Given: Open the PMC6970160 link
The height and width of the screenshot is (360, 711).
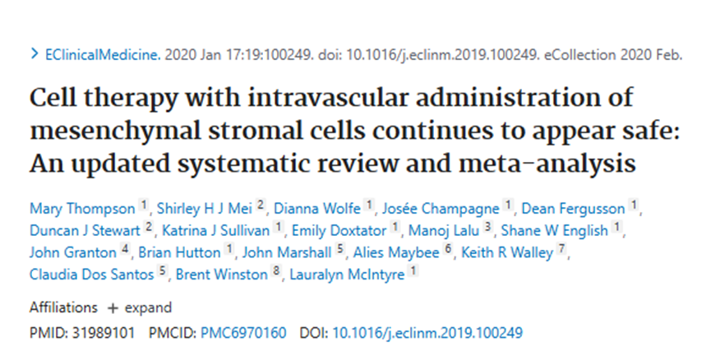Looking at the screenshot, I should point(245,333).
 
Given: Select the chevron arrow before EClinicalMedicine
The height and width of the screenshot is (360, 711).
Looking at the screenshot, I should point(34,55).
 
